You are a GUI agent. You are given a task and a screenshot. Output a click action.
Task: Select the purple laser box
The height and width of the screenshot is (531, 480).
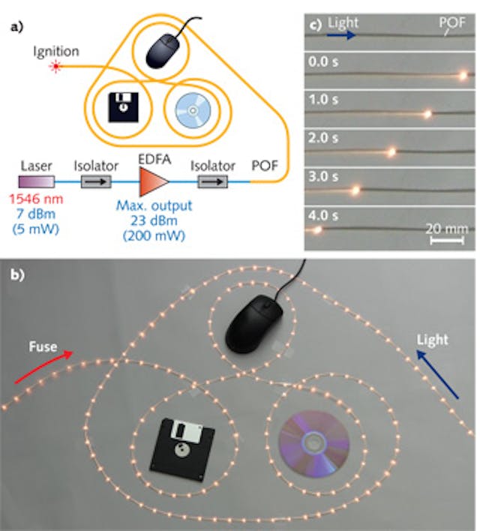pyautogui.click(x=37, y=181)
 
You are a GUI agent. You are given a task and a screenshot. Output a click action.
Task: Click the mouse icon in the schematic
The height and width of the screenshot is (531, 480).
pyautogui.click(x=166, y=49)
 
